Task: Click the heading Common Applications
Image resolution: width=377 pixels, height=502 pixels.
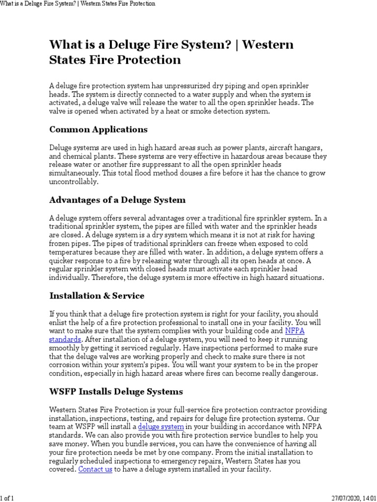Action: tap(98, 130)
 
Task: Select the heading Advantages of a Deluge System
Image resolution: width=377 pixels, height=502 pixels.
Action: tap(117, 200)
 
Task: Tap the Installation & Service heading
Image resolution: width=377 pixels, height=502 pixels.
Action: tap(97, 296)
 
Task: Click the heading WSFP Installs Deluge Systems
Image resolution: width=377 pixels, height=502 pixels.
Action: tap(116, 392)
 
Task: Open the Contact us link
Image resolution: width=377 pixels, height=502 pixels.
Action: tap(95, 469)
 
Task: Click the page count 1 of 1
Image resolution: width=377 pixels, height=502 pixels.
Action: tap(7, 498)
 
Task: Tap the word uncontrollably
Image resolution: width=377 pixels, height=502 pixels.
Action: tap(74, 181)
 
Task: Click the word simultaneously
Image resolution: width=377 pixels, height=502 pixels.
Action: tap(74, 173)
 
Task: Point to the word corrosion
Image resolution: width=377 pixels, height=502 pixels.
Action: tap(68, 365)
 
